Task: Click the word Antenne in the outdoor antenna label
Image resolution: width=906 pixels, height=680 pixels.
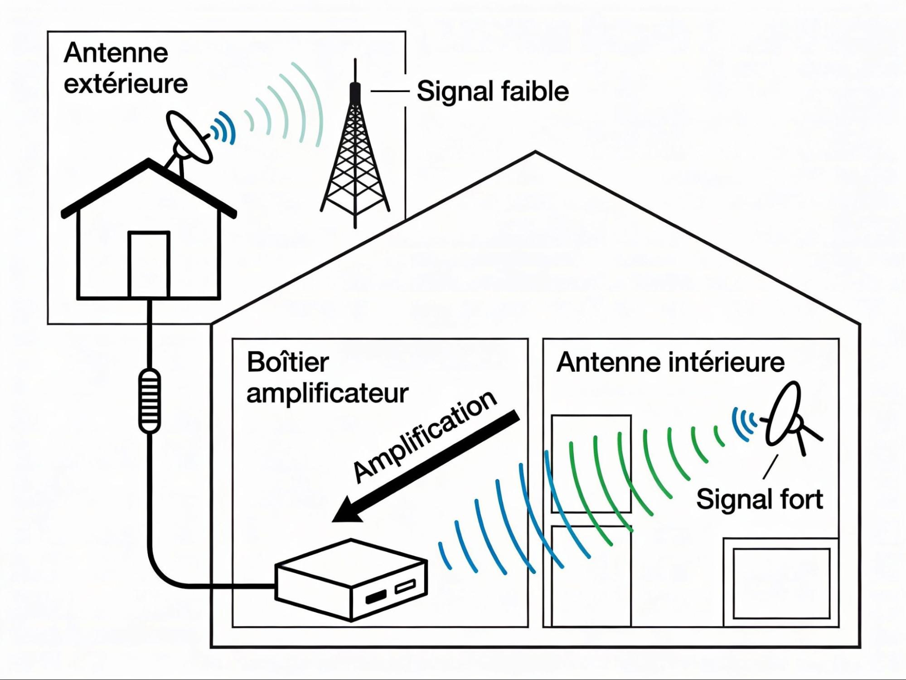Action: tap(116, 53)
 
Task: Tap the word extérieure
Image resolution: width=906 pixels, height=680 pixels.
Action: tap(126, 84)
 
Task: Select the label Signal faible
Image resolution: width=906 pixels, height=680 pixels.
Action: tap(492, 92)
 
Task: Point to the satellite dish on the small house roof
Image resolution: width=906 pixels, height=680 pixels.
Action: tap(189, 137)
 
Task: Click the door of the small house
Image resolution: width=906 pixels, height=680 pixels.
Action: tap(149, 265)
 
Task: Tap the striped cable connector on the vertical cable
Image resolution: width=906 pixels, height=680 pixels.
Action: tap(149, 400)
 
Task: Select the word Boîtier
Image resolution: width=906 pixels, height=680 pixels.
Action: tap(288, 363)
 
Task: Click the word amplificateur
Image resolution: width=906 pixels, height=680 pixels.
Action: tap(327, 393)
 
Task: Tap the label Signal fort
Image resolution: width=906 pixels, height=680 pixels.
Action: tap(759, 499)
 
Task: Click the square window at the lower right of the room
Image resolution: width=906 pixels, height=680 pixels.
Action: tap(781, 583)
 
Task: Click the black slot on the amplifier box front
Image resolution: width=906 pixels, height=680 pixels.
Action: tap(376, 597)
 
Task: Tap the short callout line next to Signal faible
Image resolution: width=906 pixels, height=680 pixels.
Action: tap(390, 91)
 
